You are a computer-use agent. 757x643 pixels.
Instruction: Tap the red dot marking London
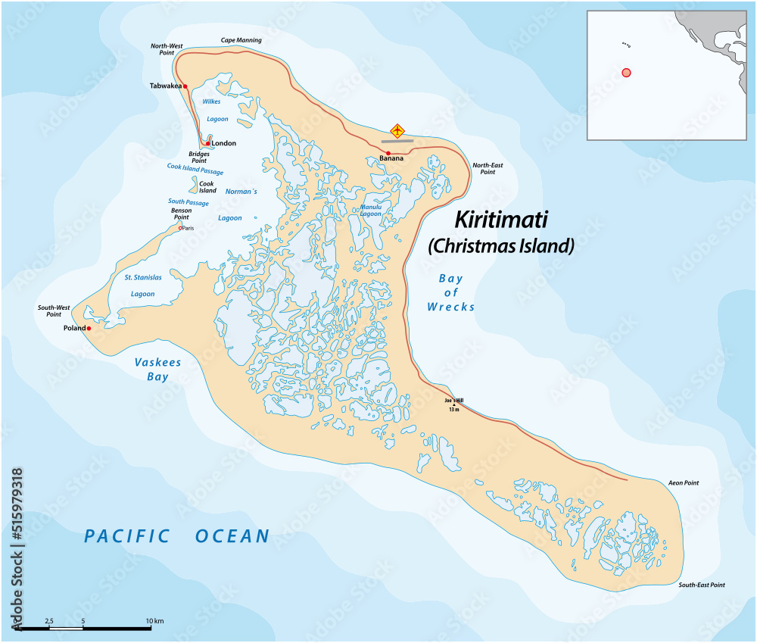point(208,143)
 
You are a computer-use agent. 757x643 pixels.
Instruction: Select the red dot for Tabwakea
point(185,87)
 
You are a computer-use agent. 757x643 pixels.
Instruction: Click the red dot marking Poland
point(89,329)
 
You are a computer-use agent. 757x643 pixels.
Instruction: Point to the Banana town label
point(391,159)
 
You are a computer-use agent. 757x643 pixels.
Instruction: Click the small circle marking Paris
point(180,228)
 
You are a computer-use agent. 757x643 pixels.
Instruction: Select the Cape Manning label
point(241,40)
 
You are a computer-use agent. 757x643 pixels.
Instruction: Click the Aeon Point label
point(684,482)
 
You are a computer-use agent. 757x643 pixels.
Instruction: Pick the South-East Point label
point(702,585)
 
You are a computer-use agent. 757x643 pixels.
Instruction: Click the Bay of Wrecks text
point(450,292)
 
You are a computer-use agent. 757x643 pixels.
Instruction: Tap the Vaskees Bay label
point(157,369)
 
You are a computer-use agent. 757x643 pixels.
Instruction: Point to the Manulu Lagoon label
point(371,210)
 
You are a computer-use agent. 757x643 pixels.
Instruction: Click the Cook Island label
point(207,187)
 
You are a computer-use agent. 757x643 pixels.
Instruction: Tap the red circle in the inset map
point(626,72)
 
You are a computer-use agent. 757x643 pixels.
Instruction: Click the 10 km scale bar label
point(154,621)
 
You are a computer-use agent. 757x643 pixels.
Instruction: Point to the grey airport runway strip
point(397,141)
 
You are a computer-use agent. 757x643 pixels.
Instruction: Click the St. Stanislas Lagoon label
point(143,286)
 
